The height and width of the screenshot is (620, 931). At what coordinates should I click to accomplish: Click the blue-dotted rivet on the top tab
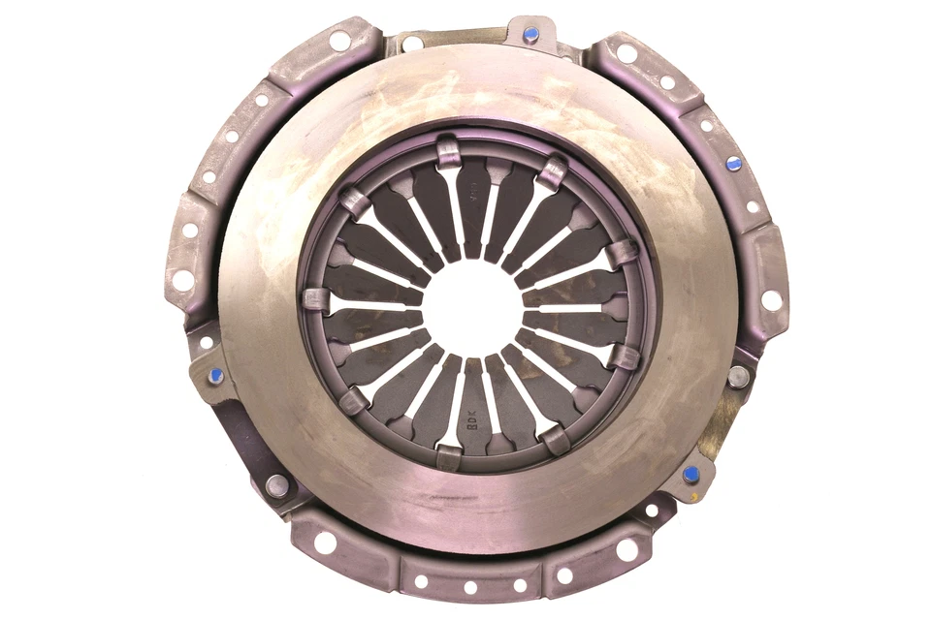530,35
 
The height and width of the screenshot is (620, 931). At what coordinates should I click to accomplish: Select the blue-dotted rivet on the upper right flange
733,164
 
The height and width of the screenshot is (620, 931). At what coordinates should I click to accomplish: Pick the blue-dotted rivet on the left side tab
215,375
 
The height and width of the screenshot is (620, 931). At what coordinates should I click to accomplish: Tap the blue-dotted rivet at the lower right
690,475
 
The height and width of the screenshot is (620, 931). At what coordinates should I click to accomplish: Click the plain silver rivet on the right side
739,377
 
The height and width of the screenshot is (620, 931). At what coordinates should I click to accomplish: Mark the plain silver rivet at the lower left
277,485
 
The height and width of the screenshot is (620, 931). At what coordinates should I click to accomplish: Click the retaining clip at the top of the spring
447,150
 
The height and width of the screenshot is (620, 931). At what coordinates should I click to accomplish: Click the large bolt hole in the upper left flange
340,41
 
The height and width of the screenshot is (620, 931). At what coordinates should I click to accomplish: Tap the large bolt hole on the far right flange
771,300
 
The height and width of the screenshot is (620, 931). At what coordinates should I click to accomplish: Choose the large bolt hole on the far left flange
182,280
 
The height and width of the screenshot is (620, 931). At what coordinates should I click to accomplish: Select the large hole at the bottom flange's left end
326,543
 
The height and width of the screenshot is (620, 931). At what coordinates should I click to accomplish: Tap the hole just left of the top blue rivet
413,44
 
